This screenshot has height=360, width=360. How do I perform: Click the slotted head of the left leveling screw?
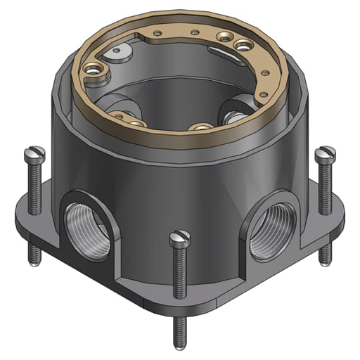(35, 151)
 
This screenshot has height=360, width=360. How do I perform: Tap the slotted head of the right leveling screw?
(324, 152)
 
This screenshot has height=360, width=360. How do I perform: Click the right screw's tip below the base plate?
(324, 259)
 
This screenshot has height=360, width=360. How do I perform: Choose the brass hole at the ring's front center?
(202, 127)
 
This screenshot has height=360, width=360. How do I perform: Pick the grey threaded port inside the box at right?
(233, 111)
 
